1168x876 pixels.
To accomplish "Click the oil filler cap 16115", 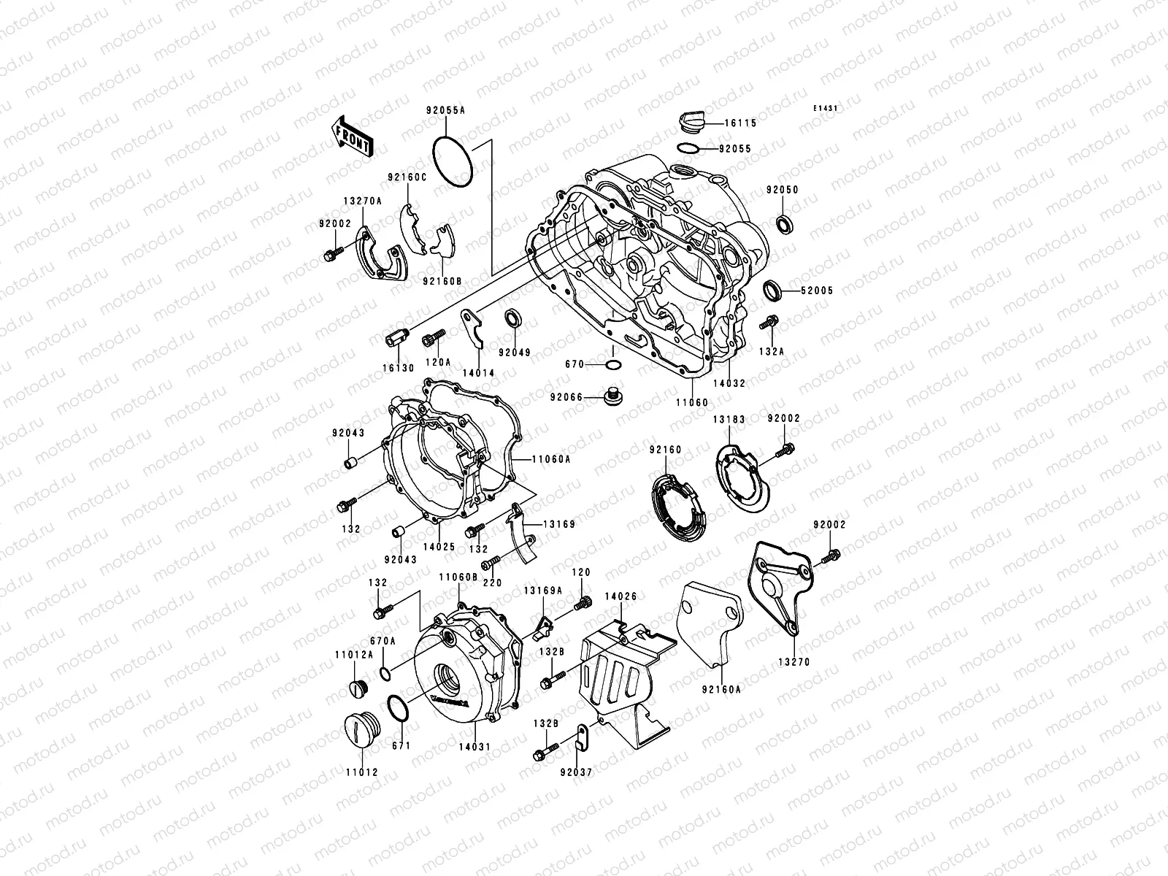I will coord(691,121).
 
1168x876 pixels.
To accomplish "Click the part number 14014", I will coord(478,373).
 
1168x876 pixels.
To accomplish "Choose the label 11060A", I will coord(550,459).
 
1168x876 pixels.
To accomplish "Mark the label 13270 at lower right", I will coord(794,662).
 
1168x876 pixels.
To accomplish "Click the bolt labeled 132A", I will coord(769,322).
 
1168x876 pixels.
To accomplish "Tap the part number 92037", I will coord(577,771).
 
